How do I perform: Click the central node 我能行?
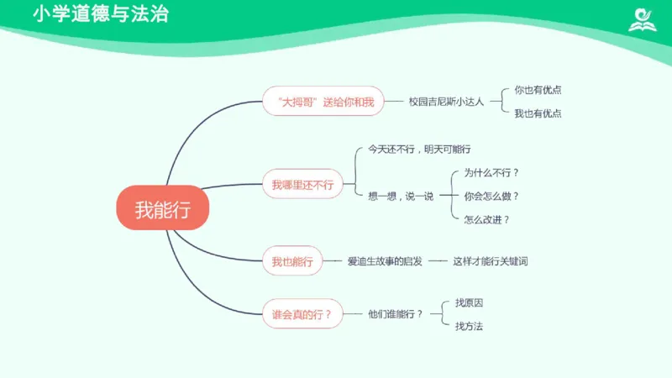161,208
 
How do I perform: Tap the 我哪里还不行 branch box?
302,184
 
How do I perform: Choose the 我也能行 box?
291,262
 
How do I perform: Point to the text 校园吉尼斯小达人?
446,102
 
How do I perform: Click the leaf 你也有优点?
538,90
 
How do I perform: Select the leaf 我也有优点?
538,113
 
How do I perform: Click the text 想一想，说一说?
401,196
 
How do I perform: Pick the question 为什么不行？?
491,173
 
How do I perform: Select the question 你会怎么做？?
491,196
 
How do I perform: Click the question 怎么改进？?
487,219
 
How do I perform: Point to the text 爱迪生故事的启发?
385,262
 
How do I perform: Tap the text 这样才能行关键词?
491,262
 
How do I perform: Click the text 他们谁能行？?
396,314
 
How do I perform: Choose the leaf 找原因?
469,302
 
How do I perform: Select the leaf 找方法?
469,326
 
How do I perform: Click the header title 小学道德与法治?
100,14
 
